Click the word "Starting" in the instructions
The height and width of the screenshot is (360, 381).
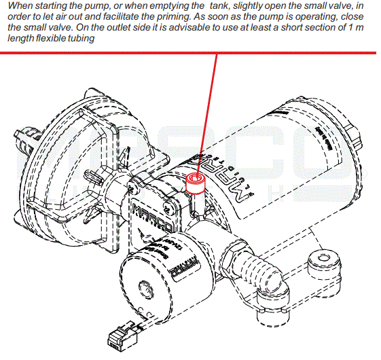(48, 6)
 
